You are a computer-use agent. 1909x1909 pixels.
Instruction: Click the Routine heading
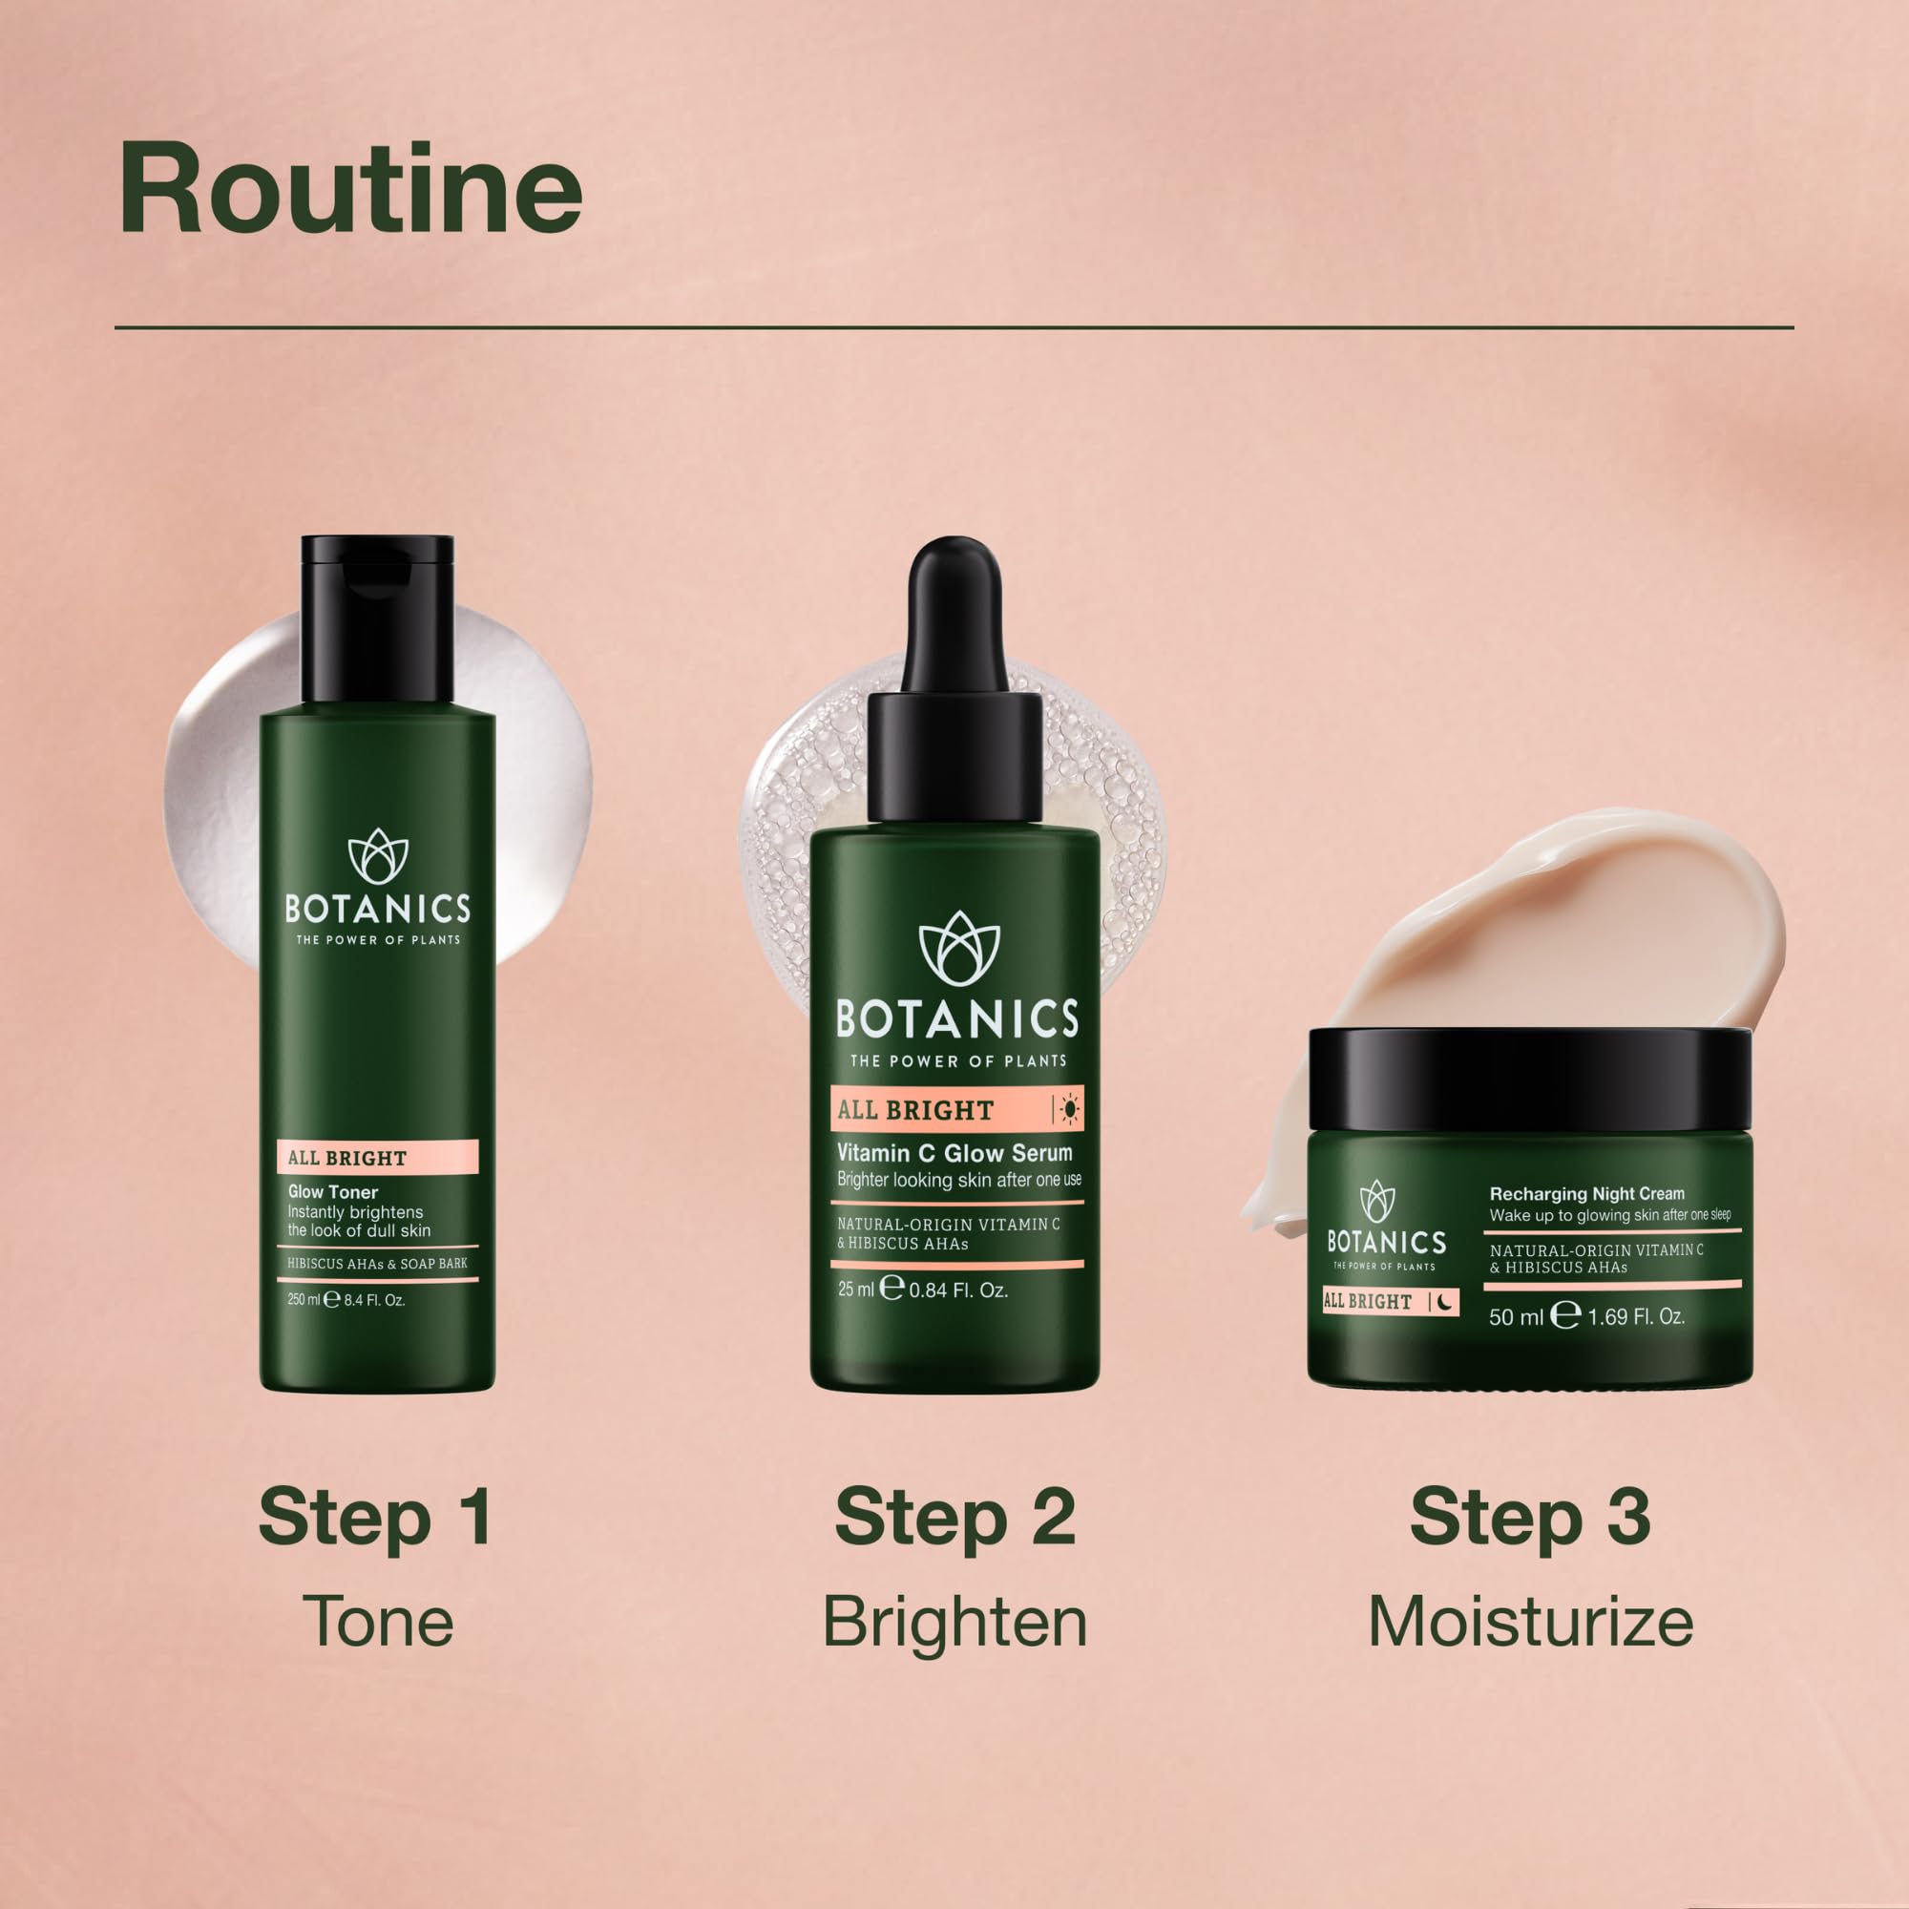coord(350,189)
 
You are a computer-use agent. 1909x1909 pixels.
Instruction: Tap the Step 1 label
coord(375,1517)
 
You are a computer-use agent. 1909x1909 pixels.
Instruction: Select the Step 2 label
coord(954,1517)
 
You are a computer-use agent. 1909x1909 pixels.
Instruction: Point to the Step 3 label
coord(1529,1517)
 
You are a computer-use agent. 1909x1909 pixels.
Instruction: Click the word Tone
coord(378,1622)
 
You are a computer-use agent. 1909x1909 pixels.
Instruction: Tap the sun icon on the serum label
coord(1069,1110)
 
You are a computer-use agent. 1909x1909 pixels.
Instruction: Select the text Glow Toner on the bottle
coord(333,1191)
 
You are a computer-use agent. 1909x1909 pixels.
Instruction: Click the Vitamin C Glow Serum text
coord(954,1152)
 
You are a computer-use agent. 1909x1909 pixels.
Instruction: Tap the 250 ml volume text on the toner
coord(304,1299)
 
